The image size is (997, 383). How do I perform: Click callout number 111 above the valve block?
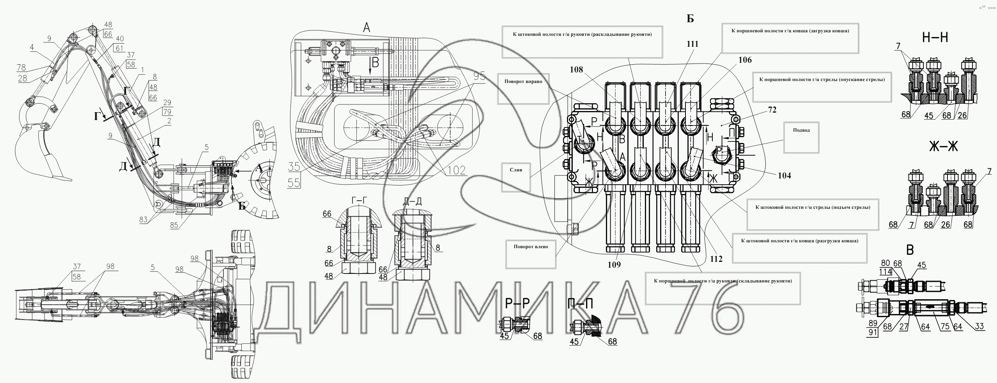tap(692, 44)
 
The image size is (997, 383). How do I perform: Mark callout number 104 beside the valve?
tap(784, 176)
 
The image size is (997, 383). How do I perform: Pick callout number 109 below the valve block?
tap(613, 265)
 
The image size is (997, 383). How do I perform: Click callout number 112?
tap(716, 259)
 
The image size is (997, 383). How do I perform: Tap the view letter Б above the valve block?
tap(690, 19)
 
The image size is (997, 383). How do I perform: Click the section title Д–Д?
tap(412, 201)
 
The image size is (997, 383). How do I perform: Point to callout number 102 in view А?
tap(457, 170)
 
